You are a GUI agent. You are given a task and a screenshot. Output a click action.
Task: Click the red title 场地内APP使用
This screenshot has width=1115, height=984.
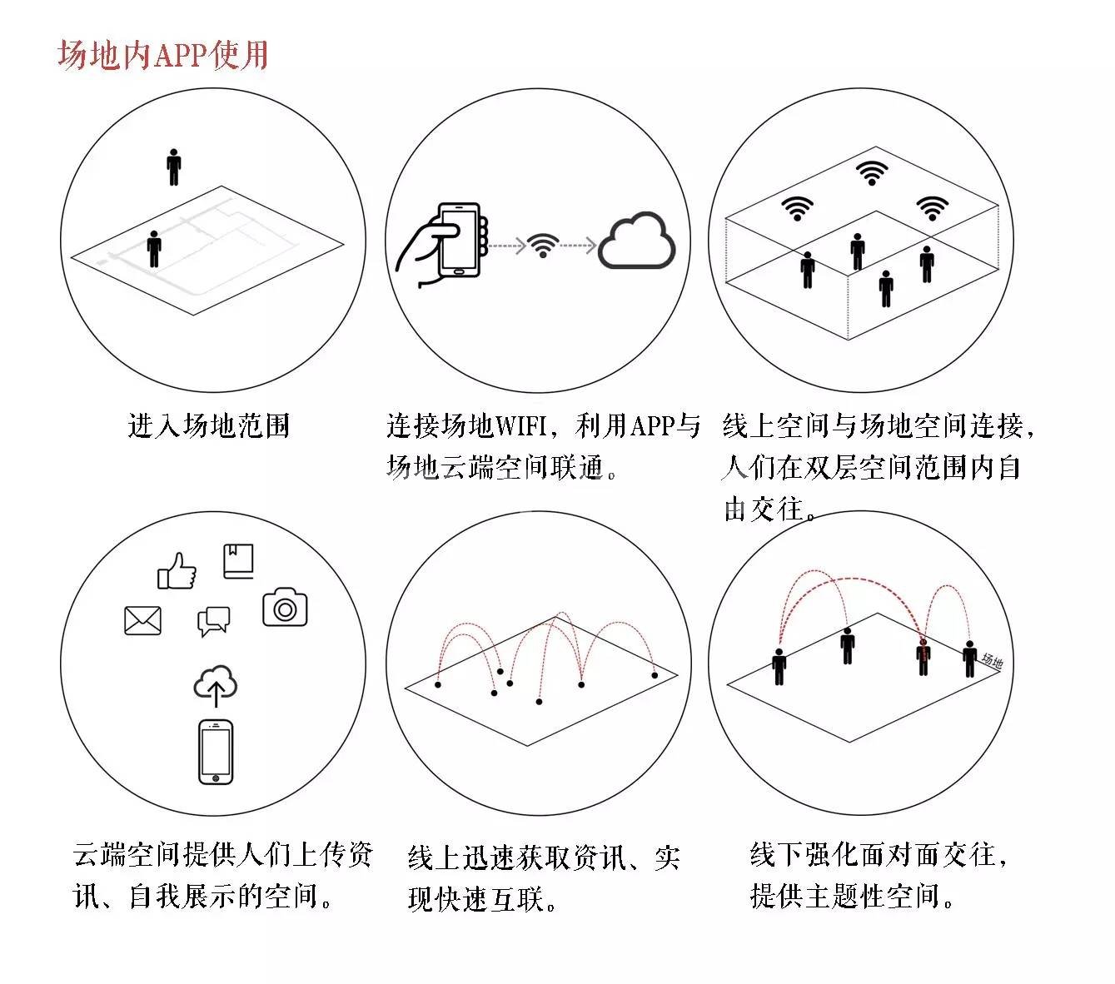[163, 55]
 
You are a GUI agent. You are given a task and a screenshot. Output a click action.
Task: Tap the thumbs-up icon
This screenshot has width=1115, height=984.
[177, 571]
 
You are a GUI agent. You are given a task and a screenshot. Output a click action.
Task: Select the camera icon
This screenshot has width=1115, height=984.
[285, 608]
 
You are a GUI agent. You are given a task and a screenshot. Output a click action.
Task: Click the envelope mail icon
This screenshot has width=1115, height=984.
[142, 620]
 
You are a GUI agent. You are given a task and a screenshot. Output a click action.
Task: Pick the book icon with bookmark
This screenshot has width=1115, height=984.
[238, 561]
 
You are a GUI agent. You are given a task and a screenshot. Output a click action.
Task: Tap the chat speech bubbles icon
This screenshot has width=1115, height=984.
[213, 621]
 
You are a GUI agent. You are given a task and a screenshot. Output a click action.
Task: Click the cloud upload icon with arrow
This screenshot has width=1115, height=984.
[216, 685]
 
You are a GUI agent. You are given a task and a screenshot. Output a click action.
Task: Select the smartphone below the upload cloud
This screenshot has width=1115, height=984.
[216, 752]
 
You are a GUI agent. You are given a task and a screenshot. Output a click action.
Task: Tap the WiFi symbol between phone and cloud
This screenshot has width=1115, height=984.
[543, 246]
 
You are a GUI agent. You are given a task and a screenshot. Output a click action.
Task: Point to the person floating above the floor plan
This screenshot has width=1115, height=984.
[173, 166]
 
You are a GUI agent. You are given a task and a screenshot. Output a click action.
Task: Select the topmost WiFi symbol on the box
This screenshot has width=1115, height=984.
[871, 172]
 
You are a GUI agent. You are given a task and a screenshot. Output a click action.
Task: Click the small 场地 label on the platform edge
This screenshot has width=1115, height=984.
[992, 662]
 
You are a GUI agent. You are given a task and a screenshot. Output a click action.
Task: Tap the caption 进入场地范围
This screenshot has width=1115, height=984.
[208, 425]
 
